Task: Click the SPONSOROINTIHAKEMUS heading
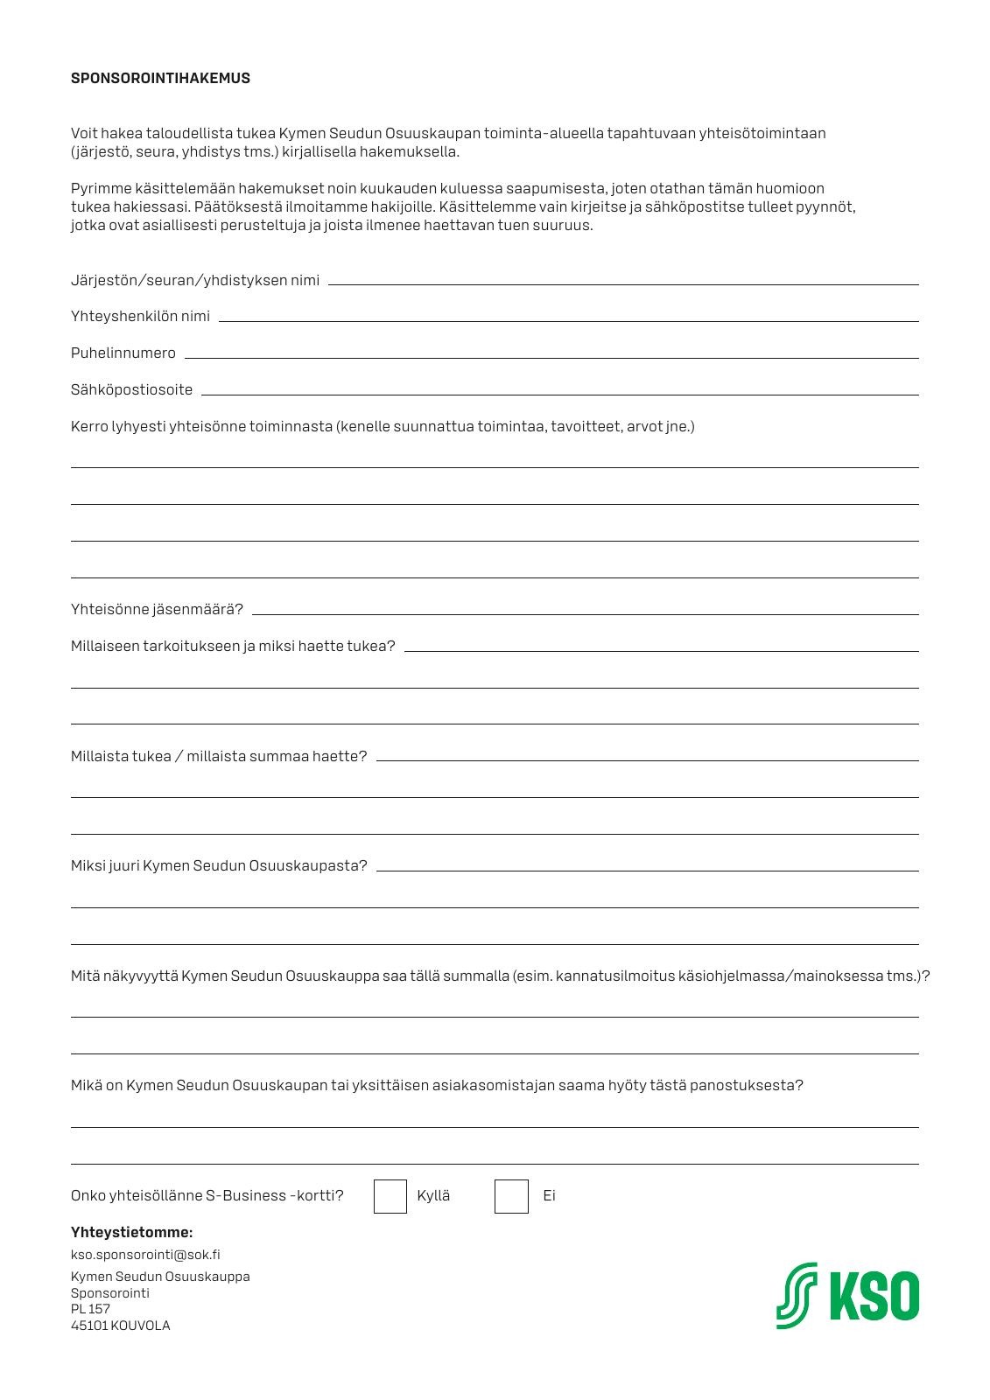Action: point(160,78)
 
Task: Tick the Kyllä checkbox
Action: point(390,1196)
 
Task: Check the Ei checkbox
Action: point(511,1196)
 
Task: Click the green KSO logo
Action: point(847,1296)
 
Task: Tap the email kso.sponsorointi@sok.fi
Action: point(145,1254)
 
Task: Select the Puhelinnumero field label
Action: point(123,353)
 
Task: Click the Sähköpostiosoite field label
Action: point(131,389)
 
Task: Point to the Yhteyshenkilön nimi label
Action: point(140,316)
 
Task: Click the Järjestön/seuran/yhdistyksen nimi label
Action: point(195,280)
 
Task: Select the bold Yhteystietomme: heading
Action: point(131,1232)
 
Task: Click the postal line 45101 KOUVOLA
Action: point(121,1325)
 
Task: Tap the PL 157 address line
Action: point(90,1309)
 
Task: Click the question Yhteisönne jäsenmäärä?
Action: point(157,609)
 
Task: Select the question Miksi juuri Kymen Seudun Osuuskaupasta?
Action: point(219,865)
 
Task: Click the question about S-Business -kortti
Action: point(207,1195)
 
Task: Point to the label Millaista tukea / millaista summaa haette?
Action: point(219,756)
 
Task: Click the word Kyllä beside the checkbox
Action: point(433,1195)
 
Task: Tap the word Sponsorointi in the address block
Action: point(110,1292)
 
